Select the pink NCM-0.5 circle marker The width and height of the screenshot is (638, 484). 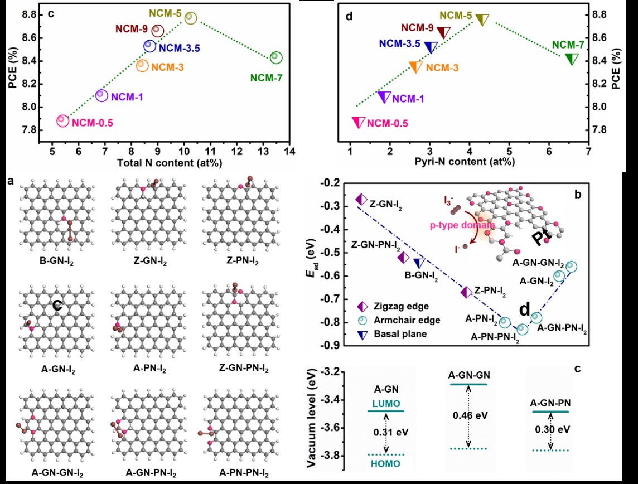point(62,120)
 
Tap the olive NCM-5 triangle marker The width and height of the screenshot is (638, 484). point(482,20)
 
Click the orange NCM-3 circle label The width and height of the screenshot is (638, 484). point(168,67)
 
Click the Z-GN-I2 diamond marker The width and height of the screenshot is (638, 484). point(361,199)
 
